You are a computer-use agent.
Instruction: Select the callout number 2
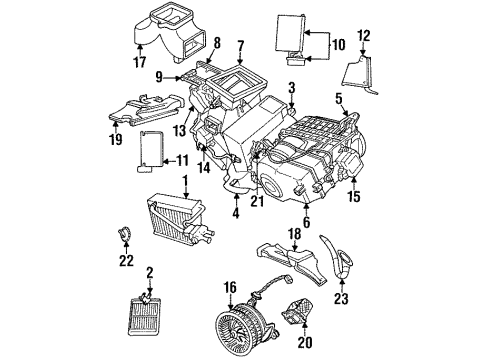pos(150,271)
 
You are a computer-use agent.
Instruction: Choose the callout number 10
pos(338,44)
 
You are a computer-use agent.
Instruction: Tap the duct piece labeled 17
pos(158,29)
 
